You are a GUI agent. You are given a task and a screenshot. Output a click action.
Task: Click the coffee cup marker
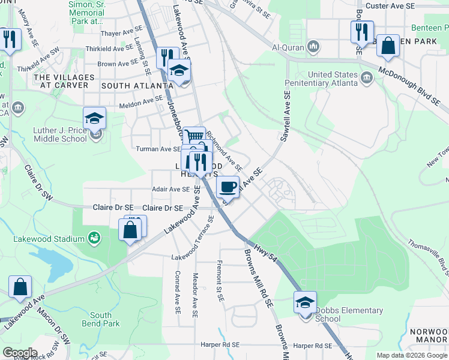click(x=228, y=187)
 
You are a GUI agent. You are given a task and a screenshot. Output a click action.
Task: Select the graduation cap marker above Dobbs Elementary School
click(x=305, y=302)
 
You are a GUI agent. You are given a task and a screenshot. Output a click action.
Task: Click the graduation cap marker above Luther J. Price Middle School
click(x=94, y=118)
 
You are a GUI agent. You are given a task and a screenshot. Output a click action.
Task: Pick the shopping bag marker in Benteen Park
click(x=388, y=46)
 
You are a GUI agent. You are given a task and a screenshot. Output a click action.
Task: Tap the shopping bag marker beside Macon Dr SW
click(x=20, y=287)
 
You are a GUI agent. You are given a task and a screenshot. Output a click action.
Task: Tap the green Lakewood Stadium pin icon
click(x=93, y=239)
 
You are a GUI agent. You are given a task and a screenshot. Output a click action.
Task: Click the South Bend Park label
click(x=101, y=319)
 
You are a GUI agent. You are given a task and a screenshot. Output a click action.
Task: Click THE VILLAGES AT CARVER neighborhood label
click(x=64, y=82)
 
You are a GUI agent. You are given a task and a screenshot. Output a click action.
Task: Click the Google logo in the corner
click(x=20, y=353)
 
